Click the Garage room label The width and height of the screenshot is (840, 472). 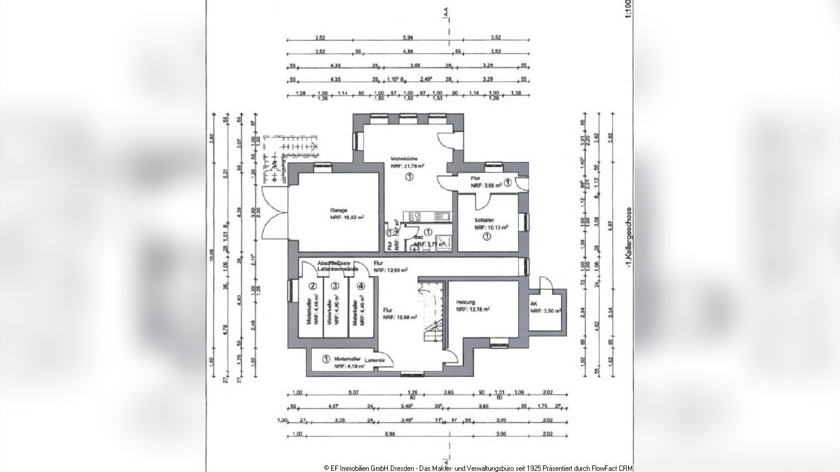pyautogui.click(x=338, y=210)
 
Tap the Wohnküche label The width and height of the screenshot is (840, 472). pyautogui.click(x=404, y=159)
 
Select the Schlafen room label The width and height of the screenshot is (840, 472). pyautogui.click(x=484, y=219)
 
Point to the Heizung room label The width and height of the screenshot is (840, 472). pyautogui.click(x=465, y=302)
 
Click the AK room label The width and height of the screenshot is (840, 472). pyautogui.click(x=534, y=304)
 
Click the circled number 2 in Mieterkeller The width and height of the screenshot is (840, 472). pyautogui.click(x=313, y=286)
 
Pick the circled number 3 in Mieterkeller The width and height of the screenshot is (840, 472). pyautogui.click(x=335, y=286)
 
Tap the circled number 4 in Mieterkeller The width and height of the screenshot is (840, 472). pyautogui.click(x=361, y=286)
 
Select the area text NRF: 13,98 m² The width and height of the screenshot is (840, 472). pyautogui.click(x=400, y=317)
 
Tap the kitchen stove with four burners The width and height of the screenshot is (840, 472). pyautogui.click(x=412, y=216)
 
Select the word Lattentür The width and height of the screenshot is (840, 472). pyautogui.click(x=374, y=360)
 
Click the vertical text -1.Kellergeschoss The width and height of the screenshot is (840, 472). pyautogui.click(x=630, y=237)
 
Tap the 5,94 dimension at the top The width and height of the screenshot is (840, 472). pyautogui.click(x=408, y=38)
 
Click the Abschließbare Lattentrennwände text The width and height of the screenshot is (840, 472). pyautogui.click(x=338, y=266)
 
